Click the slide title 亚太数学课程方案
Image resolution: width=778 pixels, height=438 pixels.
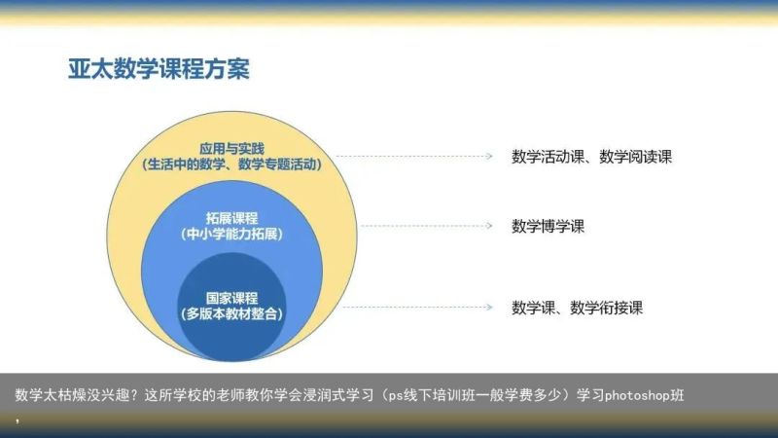(x=159, y=68)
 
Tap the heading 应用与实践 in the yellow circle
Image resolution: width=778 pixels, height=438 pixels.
(x=231, y=149)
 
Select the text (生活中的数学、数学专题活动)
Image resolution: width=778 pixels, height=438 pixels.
(x=231, y=164)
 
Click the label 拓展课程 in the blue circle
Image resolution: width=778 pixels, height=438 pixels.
(x=231, y=218)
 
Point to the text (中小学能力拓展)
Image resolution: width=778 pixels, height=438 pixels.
(x=231, y=234)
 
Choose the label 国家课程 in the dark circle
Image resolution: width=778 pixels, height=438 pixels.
(x=231, y=298)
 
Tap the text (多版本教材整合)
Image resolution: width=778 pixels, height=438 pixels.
(x=231, y=313)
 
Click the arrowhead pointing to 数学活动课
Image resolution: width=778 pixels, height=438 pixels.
(x=489, y=157)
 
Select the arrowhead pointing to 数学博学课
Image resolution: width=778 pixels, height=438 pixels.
(x=489, y=226)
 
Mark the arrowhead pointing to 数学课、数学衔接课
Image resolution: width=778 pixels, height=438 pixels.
(x=489, y=308)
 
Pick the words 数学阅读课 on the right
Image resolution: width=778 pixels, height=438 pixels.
(x=636, y=157)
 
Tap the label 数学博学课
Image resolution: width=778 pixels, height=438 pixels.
(x=548, y=227)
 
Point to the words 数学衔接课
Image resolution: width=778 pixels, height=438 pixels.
(x=606, y=308)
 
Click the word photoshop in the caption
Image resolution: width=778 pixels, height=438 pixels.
(x=637, y=395)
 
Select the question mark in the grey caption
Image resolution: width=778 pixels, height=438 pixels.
(x=136, y=395)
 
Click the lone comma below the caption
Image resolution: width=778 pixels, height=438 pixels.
(x=18, y=421)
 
